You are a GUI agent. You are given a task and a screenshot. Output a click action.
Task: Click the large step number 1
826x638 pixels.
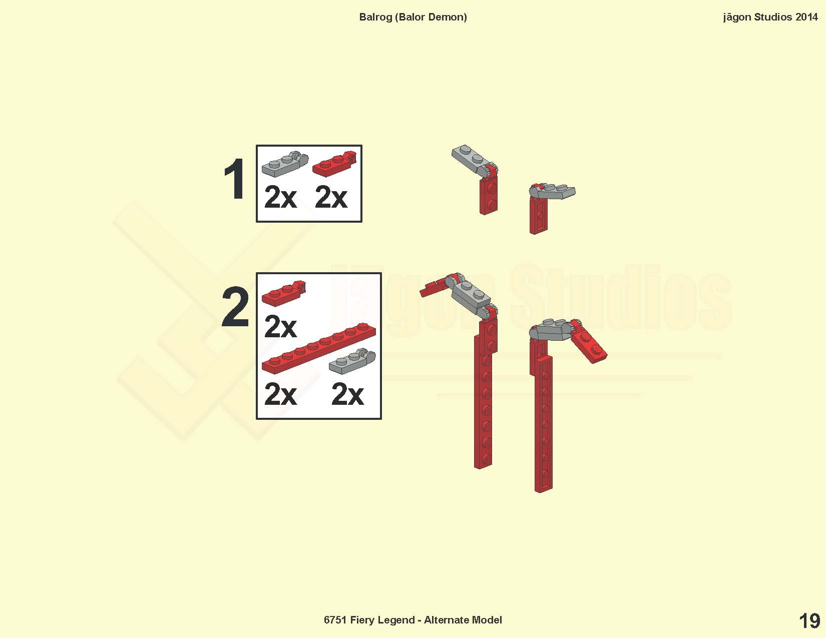pos(234,178)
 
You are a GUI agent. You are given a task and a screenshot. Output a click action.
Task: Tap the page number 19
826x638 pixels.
pos(809,621)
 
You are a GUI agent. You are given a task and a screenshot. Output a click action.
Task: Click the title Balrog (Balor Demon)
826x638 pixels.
pos(413,17)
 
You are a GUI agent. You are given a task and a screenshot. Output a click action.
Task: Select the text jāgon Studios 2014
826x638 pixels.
pos(770,17)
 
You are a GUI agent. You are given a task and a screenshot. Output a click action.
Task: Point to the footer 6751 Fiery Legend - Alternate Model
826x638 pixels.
pos(413,620)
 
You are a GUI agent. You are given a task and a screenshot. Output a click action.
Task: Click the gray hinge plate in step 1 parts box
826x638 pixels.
pos(285,164)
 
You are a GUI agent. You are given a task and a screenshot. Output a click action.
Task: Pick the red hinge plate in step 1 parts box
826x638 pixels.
pos(334,164)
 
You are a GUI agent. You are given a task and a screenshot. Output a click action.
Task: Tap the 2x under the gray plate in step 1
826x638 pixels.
pos(280,197)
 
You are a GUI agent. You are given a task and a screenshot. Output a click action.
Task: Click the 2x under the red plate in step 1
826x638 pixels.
pos(331,197)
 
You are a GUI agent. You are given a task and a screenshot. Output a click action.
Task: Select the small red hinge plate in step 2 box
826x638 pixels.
pos(283,293)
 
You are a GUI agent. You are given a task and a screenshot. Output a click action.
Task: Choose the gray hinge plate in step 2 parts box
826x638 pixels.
pos(352,361)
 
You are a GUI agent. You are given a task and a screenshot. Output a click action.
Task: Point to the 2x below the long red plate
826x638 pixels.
pos(280,394)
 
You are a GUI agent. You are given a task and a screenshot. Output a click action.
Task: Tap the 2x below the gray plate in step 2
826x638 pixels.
pos(347,394)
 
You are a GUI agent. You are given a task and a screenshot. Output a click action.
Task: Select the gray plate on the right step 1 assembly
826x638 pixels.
pos(553,191)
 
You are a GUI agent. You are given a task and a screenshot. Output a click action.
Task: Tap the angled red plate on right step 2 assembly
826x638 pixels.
pos(588,345)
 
